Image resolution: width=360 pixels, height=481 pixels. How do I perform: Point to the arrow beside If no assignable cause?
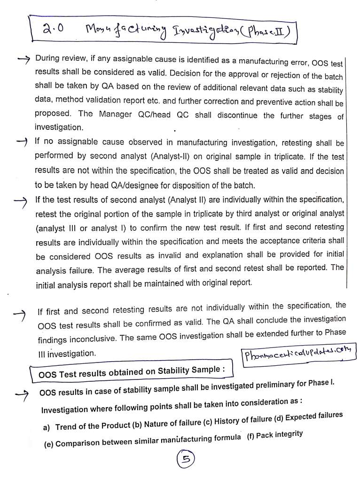(22, 141)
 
